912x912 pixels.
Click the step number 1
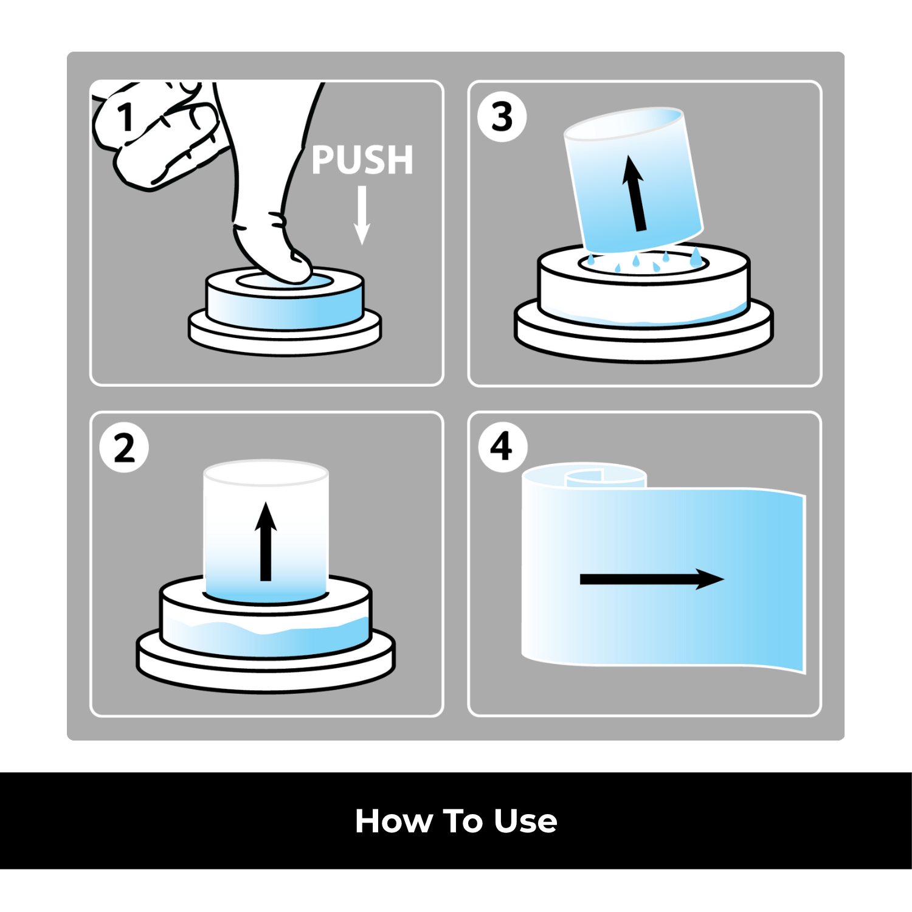tap(126, 117)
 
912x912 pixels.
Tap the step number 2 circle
tap(124, 449)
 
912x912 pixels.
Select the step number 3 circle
tap(502, 117)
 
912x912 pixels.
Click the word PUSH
tap(362, 160)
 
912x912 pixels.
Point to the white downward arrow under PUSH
tap(362, 215)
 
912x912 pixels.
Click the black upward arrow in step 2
tap(266, 541)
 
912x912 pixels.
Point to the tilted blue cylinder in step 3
tap(634, 181)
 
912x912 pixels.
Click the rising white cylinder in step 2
tap(266, 531)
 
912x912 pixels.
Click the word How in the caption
tap(393, 821)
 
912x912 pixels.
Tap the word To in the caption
tap(463, 821)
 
